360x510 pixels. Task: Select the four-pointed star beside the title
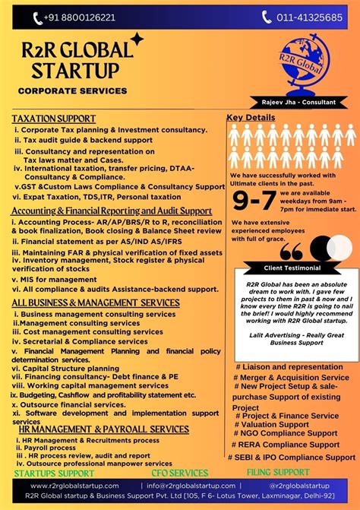(x=137, y=39)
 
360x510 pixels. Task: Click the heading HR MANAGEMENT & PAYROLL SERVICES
(x=103, y=429)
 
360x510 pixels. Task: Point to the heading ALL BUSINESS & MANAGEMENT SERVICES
(x=96, y=303)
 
